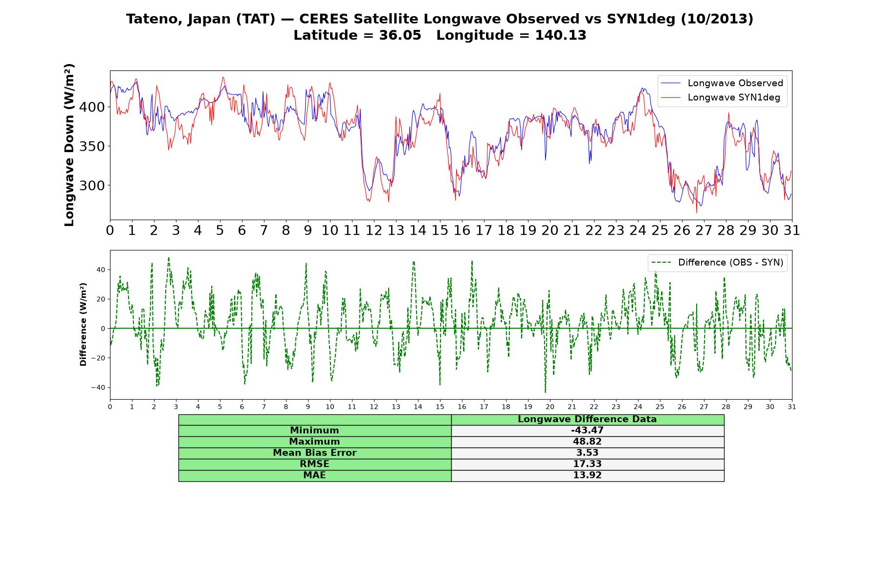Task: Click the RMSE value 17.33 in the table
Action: [587, 464]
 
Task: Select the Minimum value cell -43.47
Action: [587, 430]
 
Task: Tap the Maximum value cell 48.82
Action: [587, 442]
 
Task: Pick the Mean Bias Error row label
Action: [314, 453]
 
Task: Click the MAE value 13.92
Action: [587, 475]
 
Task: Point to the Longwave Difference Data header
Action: [587, 419]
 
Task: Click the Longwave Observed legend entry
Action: [722, 83]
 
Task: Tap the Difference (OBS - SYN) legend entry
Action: [717, 263]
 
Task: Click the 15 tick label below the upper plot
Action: [440, 230]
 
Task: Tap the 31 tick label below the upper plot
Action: [792, 230]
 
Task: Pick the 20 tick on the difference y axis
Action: [101, 299]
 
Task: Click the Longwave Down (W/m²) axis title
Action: [69, 145]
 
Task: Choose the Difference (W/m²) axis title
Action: [83, 324]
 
